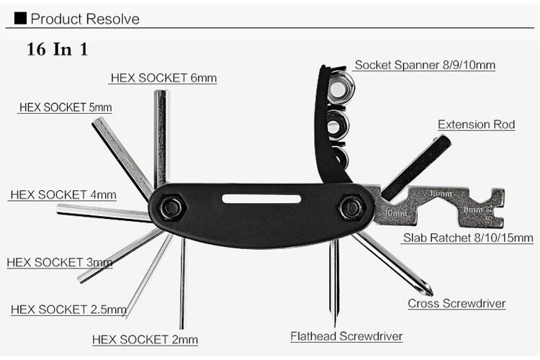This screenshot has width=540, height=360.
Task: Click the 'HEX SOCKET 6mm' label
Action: [163, 78]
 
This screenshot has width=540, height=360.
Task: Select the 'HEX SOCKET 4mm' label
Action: [63, 195]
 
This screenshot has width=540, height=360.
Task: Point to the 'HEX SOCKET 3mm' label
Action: [60, 262]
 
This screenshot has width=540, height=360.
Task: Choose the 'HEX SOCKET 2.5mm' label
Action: [68, 310]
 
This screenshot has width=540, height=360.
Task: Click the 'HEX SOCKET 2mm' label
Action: [145, 339]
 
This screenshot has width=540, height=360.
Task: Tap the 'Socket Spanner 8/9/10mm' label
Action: [425, 65]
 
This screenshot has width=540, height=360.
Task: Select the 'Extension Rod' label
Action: [476, 125]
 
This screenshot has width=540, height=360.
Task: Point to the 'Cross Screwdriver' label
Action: [456, 303]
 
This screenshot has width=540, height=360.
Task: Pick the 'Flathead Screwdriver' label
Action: [346, 336]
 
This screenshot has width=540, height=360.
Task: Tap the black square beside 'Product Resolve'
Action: [20, 18]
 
